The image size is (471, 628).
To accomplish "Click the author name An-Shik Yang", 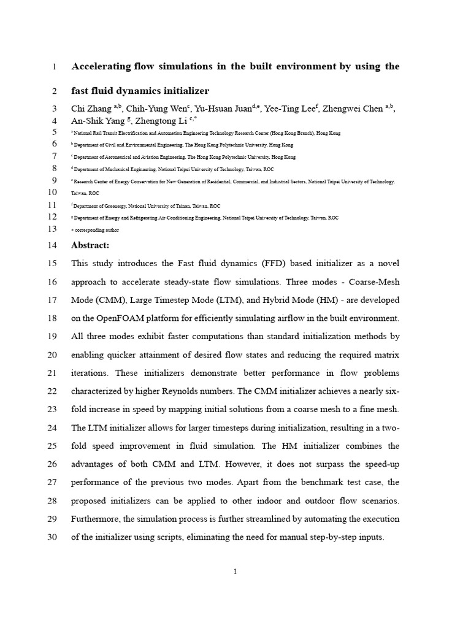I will tap(97, 121).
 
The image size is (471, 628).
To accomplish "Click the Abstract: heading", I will tap(90, 245).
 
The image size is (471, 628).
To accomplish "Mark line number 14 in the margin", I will tap(52, 245).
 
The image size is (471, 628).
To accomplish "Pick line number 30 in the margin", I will tap(52, 537).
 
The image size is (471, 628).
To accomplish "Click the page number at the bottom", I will tap(235, 572).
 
